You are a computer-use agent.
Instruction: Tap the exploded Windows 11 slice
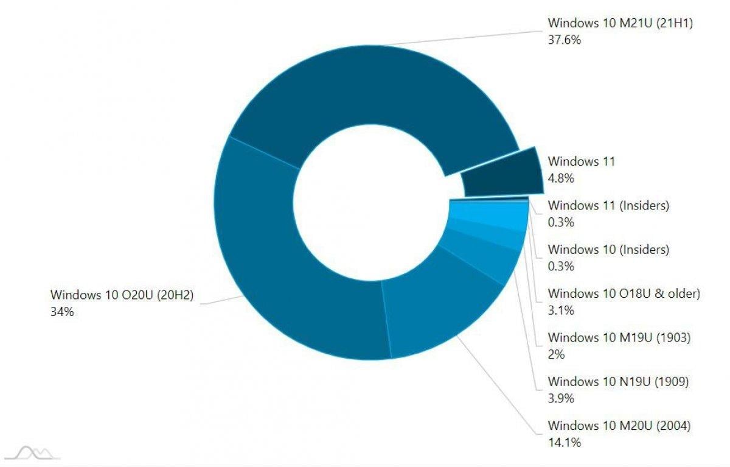point(502,174)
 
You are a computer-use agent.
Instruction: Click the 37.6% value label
point(565,40)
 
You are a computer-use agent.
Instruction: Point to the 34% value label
point(62,312)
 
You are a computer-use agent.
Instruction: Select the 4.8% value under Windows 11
point(561,178)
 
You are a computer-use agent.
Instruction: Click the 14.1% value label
point(564,443)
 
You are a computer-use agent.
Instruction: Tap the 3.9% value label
point(561,399)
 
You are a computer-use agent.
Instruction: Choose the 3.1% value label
point(561,311)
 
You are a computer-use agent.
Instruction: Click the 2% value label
point(556,354)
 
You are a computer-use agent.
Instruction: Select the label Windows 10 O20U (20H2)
point(122,295)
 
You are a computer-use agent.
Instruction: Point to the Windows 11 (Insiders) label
point(608,206)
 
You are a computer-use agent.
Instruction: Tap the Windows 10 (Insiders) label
point(608,250)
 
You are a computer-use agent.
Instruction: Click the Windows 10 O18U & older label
point(624,293)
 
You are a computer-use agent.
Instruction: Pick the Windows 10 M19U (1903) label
point(619,337)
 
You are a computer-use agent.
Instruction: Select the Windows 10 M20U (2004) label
point(619,426)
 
